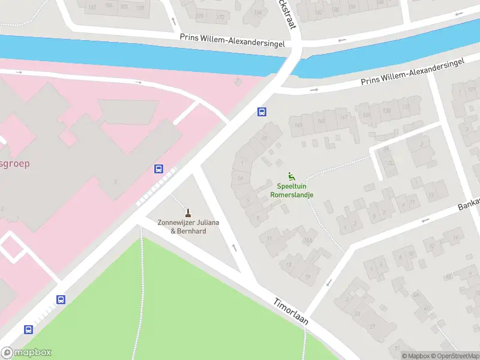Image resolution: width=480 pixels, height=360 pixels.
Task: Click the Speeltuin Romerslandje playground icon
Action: tap(292, 176)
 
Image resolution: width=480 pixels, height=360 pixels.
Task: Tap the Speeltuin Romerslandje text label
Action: tap(292, 191)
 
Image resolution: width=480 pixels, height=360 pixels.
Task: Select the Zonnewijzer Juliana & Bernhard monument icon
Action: tap(188, 212)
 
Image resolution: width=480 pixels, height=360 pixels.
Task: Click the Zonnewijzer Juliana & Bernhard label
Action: tap(188, 227)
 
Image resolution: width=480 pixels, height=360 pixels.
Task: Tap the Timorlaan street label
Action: tap(291, 311)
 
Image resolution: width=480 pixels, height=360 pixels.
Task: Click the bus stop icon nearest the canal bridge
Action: tap(262, 112)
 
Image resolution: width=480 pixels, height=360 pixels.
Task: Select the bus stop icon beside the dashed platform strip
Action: tap(159, 169)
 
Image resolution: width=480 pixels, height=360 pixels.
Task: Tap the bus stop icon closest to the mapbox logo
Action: tap(28, 329)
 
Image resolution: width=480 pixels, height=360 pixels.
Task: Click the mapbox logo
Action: tap(26, 353)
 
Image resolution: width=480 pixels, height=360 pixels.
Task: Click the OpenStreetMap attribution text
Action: tap(455, 356)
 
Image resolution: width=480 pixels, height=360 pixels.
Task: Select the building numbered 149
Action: tap(299, 125)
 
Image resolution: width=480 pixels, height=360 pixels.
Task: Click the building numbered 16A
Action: tap(307, 242)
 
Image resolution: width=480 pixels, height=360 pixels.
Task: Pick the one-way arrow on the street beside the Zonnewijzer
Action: tap(234, 247)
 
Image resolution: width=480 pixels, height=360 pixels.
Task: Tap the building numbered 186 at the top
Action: tap(109, 7)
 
